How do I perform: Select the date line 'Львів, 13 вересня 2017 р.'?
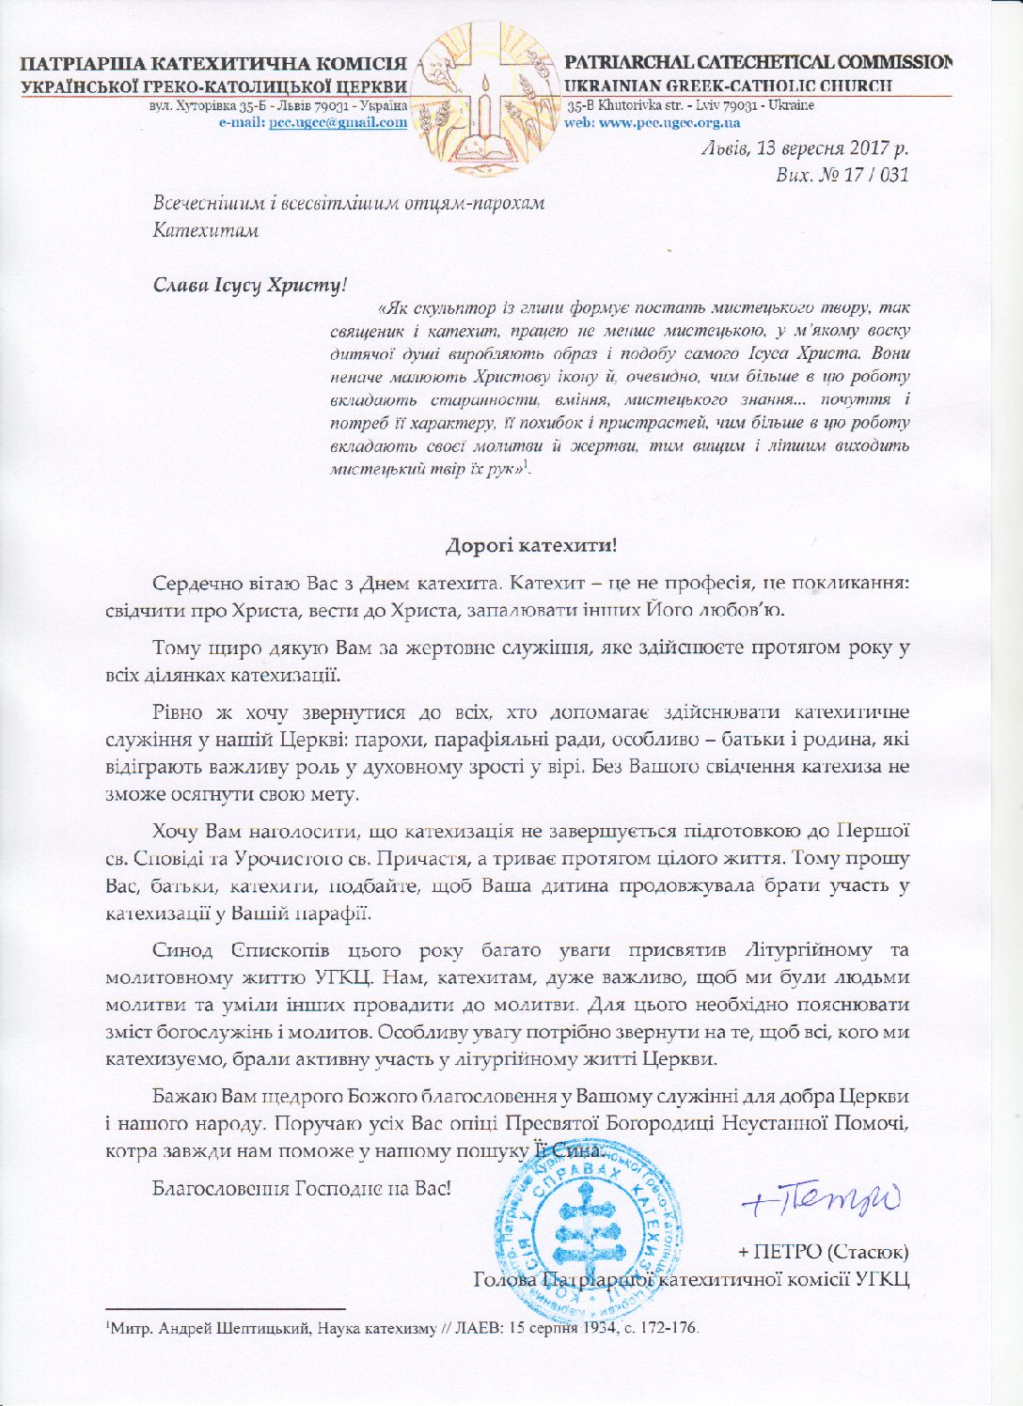coord(805,148)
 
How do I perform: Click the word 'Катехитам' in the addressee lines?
coord(206,229)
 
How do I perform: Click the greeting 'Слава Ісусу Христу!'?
coord(250,285)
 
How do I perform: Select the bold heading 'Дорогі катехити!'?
coord(530,545)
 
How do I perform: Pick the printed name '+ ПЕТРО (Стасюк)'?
coord(824,1252)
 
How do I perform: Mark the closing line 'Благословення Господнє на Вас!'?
coord(301,1188)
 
